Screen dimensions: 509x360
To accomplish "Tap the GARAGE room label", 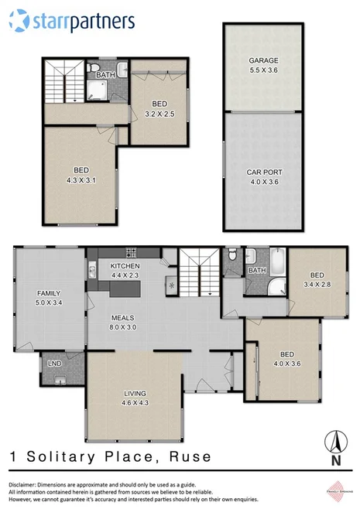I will [x=262, y=65].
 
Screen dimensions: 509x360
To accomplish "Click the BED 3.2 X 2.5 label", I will [x=159, y=108].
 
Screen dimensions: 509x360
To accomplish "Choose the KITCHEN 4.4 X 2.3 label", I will [x=124, y=270].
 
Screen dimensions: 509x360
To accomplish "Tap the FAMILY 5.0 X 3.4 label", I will [x=49, y=297].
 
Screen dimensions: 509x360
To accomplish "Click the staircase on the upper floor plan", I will [x=61, y=80].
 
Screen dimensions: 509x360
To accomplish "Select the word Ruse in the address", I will [x=187, y=457].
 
